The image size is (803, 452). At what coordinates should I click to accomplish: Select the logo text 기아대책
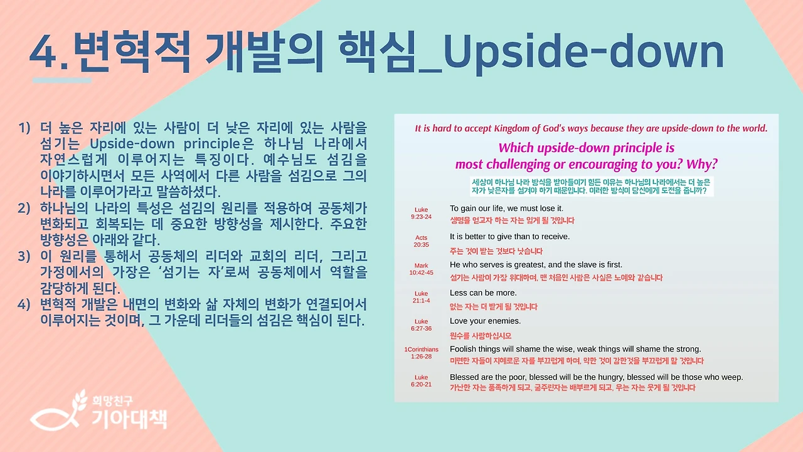(129, 417)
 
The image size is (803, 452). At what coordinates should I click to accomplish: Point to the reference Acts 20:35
(421, 241)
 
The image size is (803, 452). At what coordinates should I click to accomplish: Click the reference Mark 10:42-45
(421, 269)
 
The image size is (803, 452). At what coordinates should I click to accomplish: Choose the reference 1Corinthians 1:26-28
(421, 353)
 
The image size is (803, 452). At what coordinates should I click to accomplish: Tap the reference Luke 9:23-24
(421, 213)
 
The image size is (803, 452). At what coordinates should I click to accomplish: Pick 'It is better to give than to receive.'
(509, 236)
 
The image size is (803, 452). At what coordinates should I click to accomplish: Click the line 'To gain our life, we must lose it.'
(506, 208)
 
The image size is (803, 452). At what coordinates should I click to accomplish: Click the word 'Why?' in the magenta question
(702, 164)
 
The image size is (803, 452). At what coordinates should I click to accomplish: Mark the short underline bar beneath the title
(61, 80)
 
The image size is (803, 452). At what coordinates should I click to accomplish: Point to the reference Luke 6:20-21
(421, 381)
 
